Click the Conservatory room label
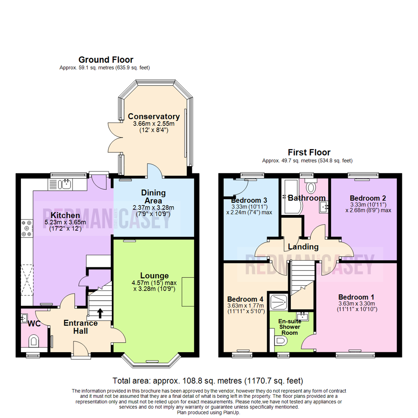point(154,116)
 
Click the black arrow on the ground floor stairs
point(100,312)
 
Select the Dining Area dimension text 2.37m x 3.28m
point(154,207)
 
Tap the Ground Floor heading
point(106,60)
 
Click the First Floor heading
point(309,152)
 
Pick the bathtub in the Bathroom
point(287,198)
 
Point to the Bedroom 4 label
point(245,299)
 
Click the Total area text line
point(208,380)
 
